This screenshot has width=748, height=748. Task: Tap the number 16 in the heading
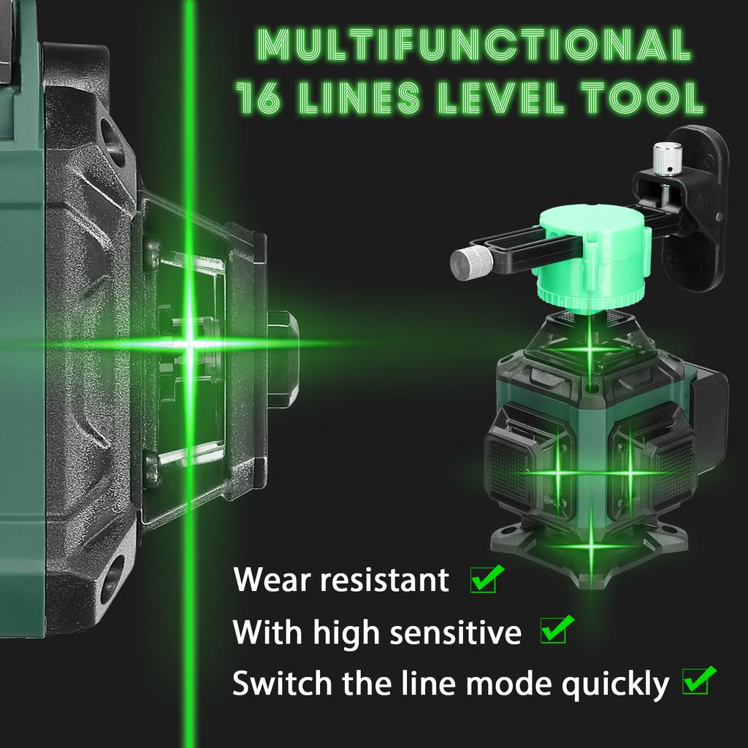coord(258,99)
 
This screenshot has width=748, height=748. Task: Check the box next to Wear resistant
coord(483,581)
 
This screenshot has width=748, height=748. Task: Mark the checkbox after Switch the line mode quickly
coord(695,682)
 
